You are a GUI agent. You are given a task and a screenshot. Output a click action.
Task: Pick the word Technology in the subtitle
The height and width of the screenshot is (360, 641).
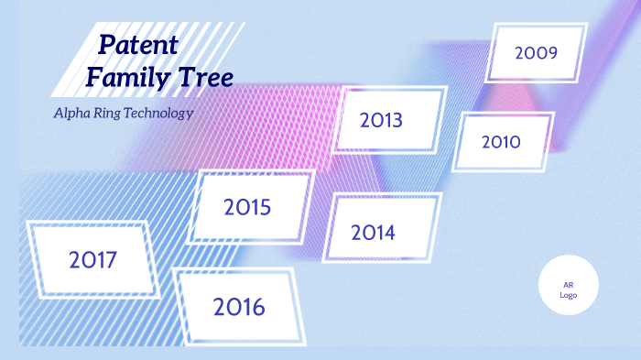(x=159, y=114)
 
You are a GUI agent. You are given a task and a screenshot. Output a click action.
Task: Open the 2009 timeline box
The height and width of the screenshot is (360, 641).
(x=536, y=52)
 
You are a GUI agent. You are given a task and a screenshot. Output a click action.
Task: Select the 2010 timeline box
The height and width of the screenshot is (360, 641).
(x=502, y=141)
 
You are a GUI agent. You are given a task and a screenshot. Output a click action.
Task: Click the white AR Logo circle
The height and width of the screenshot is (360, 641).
(x=568, y=285)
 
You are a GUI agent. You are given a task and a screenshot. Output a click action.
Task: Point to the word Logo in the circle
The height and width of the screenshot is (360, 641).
(x=568, y=294)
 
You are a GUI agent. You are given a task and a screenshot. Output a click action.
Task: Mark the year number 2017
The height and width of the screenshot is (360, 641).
(x=92, y=260)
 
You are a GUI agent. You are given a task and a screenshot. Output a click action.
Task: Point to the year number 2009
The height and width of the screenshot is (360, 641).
(x=536, y=52)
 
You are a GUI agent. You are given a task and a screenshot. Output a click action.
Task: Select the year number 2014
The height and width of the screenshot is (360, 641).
(x=373, y=233)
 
